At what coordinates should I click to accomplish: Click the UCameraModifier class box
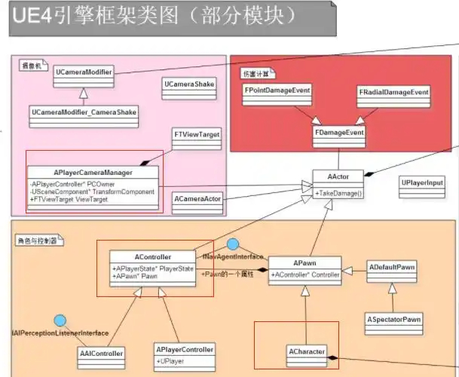click(84, 73)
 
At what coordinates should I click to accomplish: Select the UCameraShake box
click(188, 84)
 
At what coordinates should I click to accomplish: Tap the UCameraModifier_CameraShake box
click(84, 113)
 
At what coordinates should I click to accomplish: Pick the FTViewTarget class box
click(197, 134)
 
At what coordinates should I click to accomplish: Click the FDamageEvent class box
click(338, 133)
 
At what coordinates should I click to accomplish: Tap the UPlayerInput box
click(422, 183)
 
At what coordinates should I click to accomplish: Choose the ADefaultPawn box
click(391, 267)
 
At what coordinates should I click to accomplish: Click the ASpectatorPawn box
click(393, 320)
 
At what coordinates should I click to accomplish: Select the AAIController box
click(101, 353)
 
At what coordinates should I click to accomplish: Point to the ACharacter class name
click(306, 352)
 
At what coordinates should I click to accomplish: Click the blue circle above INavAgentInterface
click(233, 244)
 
